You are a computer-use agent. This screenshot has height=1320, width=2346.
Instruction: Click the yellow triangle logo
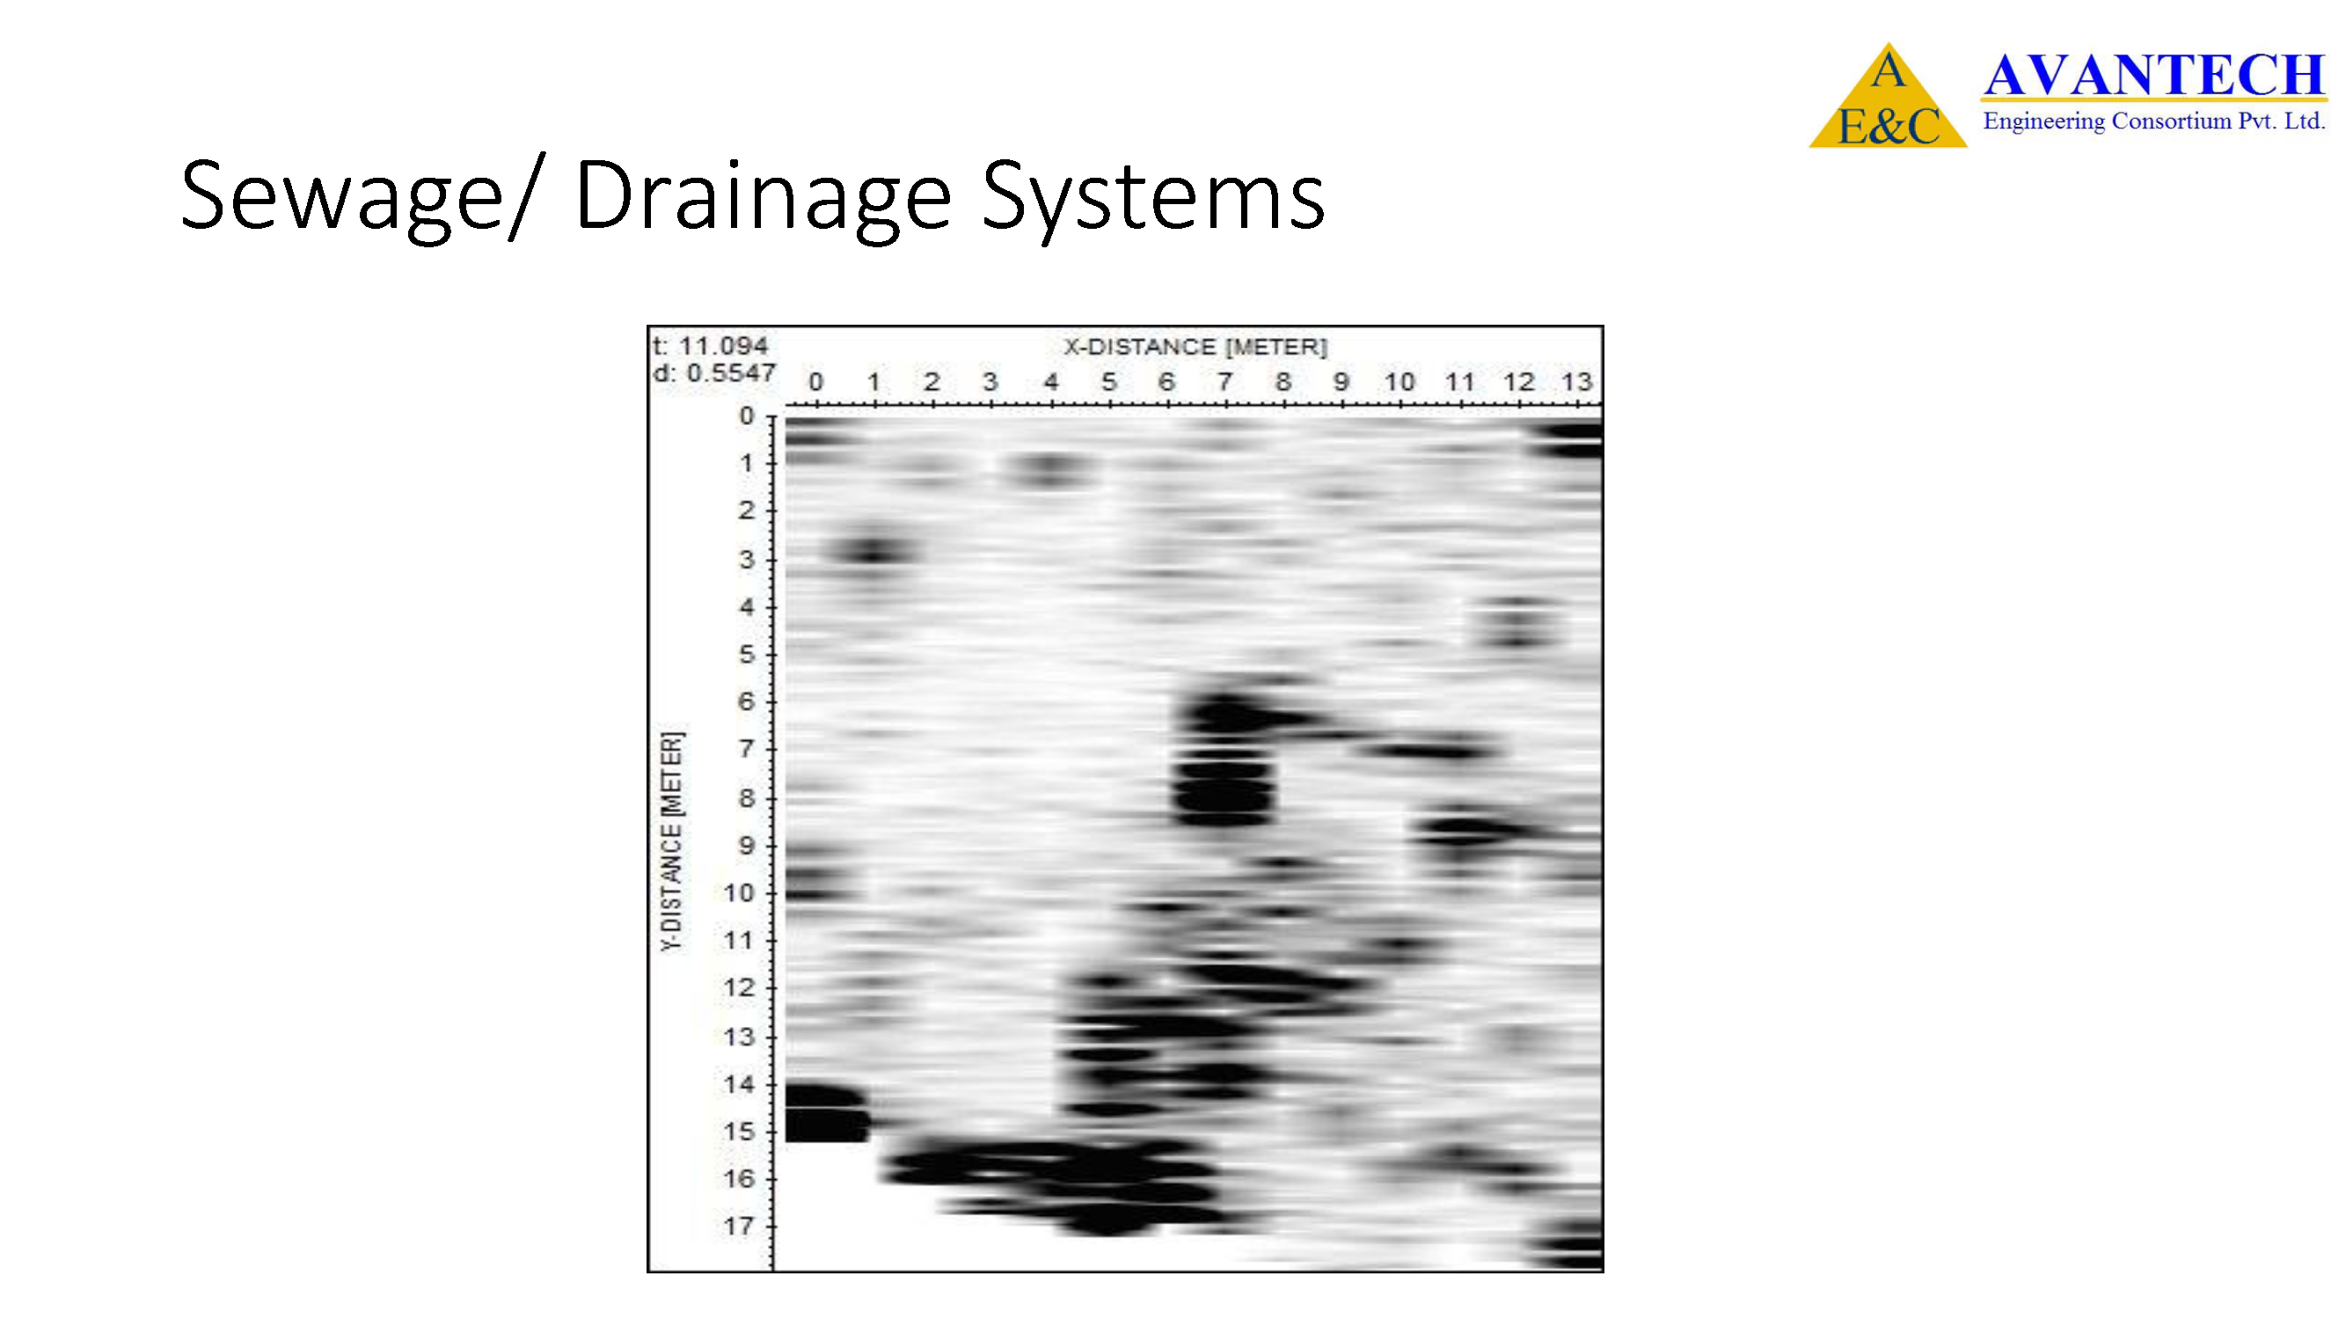[1888, 96]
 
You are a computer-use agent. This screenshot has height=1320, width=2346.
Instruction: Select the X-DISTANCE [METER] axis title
[1195, 347]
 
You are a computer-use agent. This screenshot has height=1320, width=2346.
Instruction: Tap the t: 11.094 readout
[711, 346]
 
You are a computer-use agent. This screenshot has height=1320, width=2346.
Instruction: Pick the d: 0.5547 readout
[714, 372]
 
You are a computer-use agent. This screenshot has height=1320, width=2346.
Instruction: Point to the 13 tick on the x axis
[1576, 382]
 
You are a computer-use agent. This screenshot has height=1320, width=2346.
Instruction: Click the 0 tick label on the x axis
[815, 382]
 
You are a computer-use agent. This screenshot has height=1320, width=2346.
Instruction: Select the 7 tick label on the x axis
[1225, 382]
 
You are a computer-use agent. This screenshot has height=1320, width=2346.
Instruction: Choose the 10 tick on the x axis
[1400, 382]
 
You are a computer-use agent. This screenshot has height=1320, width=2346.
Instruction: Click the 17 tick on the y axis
[740, 1226]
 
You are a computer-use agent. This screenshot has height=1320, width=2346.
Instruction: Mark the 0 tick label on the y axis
[747, 416]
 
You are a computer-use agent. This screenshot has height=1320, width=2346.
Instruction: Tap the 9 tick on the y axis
[747, 846]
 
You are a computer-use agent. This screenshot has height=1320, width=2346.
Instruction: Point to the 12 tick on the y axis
[740, 987]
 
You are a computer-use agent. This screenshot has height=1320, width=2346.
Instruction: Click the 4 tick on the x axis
[1050, 382]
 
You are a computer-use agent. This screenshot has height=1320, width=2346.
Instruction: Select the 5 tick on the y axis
[747, 654]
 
